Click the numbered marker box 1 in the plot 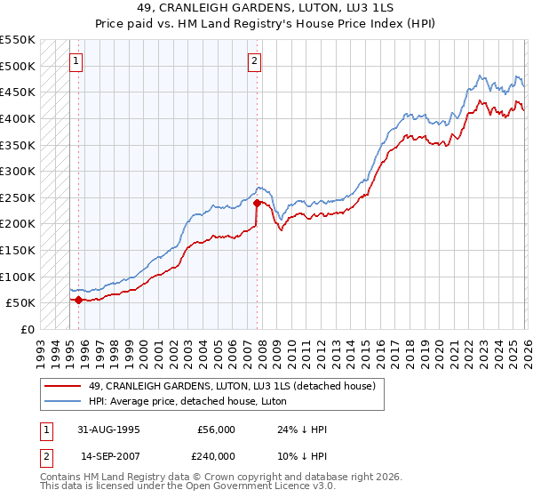click(76, 61)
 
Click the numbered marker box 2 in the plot click(254, 61)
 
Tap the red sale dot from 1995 click(78, 300)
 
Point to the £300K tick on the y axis click(18, 171)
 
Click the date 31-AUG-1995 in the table click(103, 430)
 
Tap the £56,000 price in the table click(216, 430)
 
